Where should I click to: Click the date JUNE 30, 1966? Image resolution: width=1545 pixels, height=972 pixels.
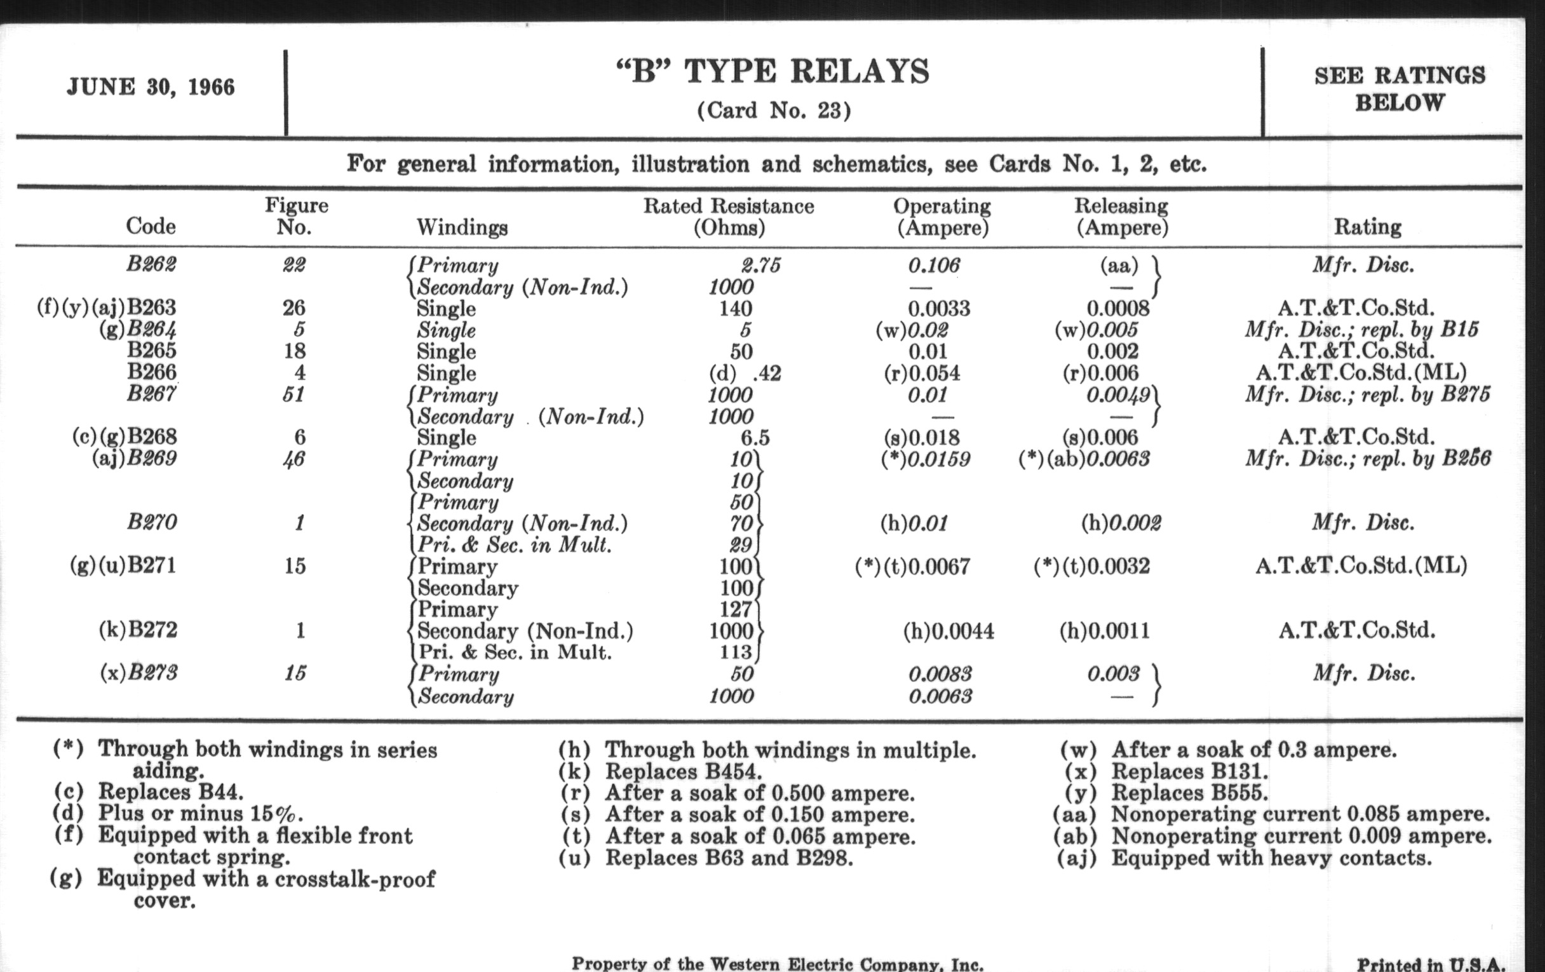pyautogui.click(x=151, y=86)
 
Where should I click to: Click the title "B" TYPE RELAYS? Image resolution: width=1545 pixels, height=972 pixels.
pyautogui.click(x=773, y=71)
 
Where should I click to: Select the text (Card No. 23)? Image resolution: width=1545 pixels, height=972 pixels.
pyautogui.click(x=774, y=111)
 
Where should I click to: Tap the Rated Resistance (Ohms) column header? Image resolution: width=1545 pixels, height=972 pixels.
pyautogui.click(x=728, y=216)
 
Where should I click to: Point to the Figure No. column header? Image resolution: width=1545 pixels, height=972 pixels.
pyautogui.click(x=296, y=216)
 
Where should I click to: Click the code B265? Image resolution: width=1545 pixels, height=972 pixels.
pyautogui.click(x=151, y=351)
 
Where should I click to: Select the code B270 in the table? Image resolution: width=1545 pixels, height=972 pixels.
pyautogui.click(x=151, y=523)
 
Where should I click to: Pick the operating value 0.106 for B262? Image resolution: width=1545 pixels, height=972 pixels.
pyautogui.click(x=934, y=266)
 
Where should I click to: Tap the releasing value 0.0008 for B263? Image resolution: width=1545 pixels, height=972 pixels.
pyautogui.click(x=1118, y=309)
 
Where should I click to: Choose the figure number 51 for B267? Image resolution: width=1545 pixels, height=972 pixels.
pyautogui.click(x=293, y=394)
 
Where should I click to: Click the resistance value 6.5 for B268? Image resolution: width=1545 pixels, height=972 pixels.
pyautogui.click(x=755, y=438)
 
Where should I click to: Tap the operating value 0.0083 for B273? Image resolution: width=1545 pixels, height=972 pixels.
pyautogui.click(x=940, y=673)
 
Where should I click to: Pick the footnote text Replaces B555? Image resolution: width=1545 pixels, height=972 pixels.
pyautogui.click(x=1189, y=793)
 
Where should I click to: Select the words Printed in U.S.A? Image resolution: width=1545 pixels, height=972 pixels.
pyautogui.click(x=1431, y=964)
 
